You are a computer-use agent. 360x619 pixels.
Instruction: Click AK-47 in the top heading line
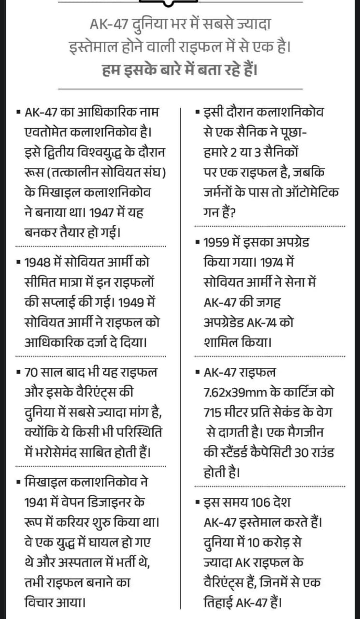107,24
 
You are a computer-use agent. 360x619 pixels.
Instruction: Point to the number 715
216,413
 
